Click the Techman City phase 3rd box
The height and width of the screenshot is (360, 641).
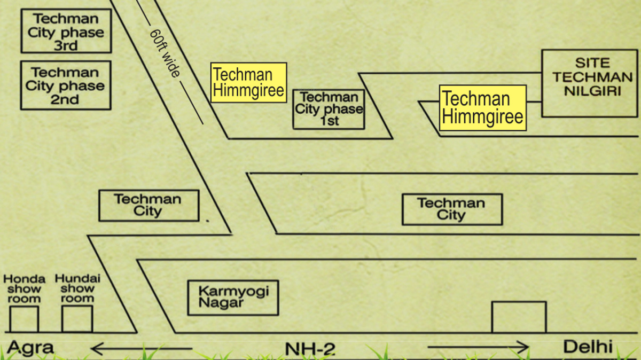pos(66,31)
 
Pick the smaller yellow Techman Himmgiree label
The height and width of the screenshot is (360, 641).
pos(248,82)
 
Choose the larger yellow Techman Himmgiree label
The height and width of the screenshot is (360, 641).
pos(483,108)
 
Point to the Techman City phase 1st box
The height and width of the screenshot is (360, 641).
pos(329,109)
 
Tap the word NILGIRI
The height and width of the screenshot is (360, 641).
pos(592,91)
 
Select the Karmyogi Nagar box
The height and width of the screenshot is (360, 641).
pos(233,298)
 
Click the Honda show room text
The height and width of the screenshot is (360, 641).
pos(24,289)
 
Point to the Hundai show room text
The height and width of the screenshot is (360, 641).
pos(77,289)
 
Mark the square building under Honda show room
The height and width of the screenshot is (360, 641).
pos(24,319)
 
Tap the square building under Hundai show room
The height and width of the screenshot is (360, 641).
pos(77,319)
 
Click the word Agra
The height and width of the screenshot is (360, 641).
pos(31,348)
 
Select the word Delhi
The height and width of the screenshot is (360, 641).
pos(588,347)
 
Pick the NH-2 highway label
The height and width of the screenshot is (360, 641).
pos(310,349)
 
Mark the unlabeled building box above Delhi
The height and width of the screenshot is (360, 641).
pos(519,317)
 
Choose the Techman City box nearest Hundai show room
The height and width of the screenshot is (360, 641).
pos(148,206)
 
